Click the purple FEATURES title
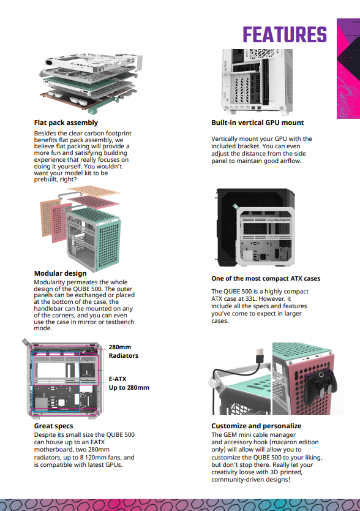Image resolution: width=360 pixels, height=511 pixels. pyautogui.click(x=285, y=34)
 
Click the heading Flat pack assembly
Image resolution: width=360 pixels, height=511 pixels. pyautogui.click(x=66, y=123)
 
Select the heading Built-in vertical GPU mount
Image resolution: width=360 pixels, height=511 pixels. pyautogui.click(x=257, y=123)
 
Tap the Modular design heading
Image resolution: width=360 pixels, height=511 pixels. pyautogui.click(x=60, y=273)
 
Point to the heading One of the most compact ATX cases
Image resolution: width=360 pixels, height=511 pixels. pyautogui.click(x=266, y=278)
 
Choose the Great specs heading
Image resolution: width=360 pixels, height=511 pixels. pyautogui.click(x=53, y=426)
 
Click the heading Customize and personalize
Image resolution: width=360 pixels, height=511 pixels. pyautogui.click(x=257, y=426)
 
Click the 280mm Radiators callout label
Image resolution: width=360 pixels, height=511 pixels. pyautogui.click(x=124, y=351)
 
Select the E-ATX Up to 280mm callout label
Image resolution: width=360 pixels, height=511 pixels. pyautogui.click(x=129, y=383)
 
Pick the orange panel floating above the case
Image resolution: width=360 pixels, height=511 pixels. pyautogui.click(x=94, y=191)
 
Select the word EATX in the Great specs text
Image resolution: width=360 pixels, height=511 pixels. pyautogui.click(x=97, y=442)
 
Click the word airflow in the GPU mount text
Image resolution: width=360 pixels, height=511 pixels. pyautogui.click(x=290, y=161)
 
